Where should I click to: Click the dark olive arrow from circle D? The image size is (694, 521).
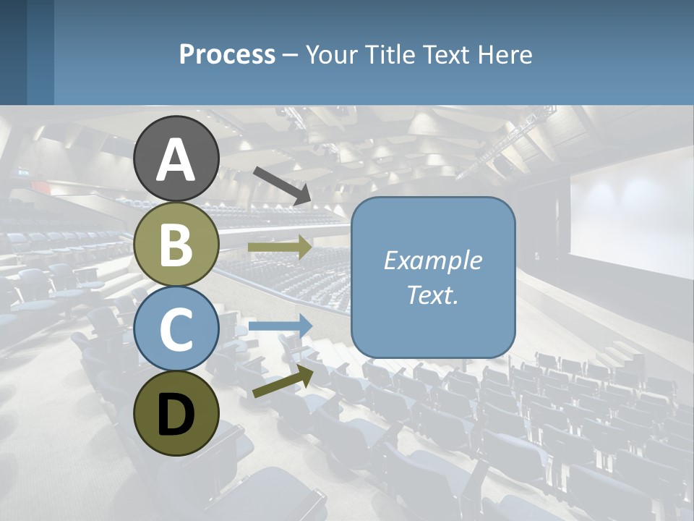coord(283,381)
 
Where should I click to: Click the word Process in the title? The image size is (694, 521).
coord(227,55)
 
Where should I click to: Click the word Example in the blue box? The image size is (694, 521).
coord(433,260)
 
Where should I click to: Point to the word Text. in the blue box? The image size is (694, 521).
coord(433,295)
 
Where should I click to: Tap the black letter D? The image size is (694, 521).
coord(176,415)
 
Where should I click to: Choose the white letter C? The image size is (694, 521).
coord(176,329)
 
